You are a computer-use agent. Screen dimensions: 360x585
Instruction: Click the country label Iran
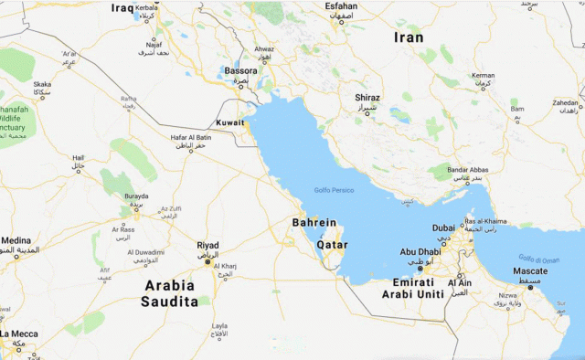[x=408, y=37]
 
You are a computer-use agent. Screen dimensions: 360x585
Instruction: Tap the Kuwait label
[x=229, y=122]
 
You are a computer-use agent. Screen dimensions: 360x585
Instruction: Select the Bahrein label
[x=314, y=223]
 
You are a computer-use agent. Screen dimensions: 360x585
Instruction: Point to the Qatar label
[x=332, y=245]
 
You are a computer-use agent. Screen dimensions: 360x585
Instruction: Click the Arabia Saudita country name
[x=170, y=292]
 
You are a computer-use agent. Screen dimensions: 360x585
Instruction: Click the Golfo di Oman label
[x=538, y=259]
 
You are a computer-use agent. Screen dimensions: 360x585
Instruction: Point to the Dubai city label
[x=443, y=228]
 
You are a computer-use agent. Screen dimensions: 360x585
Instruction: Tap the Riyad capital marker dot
[x=208, y=262]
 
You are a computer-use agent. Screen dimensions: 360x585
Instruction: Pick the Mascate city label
[x=530, y=271]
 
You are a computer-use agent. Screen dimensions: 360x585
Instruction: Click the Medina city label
[x=16, y=241]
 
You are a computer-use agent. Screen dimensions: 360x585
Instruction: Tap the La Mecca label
[x=18, y=334]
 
